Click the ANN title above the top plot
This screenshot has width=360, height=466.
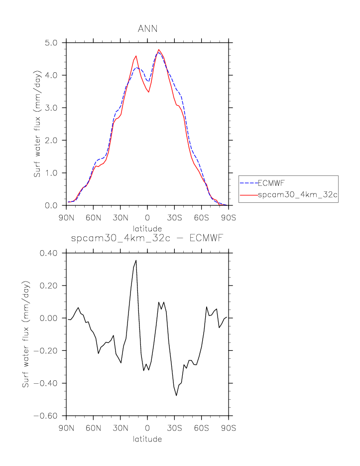[x=147, y=28]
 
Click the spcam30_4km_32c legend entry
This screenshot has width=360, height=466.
[x=298, y=195]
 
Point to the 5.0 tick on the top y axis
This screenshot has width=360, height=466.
[x=52, y=42]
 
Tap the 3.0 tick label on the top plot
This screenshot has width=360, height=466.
[x=52, y=108]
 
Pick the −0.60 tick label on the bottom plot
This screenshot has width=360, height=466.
[x=47, y=416]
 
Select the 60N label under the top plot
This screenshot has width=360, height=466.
[x=93, y=218]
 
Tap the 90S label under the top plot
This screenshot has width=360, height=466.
[x=229, y=218]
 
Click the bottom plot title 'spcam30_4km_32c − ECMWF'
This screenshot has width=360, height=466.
[x=147, y=239]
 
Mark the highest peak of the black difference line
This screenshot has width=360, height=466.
[x=136, y=260]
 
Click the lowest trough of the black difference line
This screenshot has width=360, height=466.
[x=176, y=395]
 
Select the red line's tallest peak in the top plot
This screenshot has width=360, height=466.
[x=159, y=49]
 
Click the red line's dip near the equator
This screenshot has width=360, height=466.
[x=148, y=92]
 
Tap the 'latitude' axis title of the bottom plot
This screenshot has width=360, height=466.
[x=147, y=439]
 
